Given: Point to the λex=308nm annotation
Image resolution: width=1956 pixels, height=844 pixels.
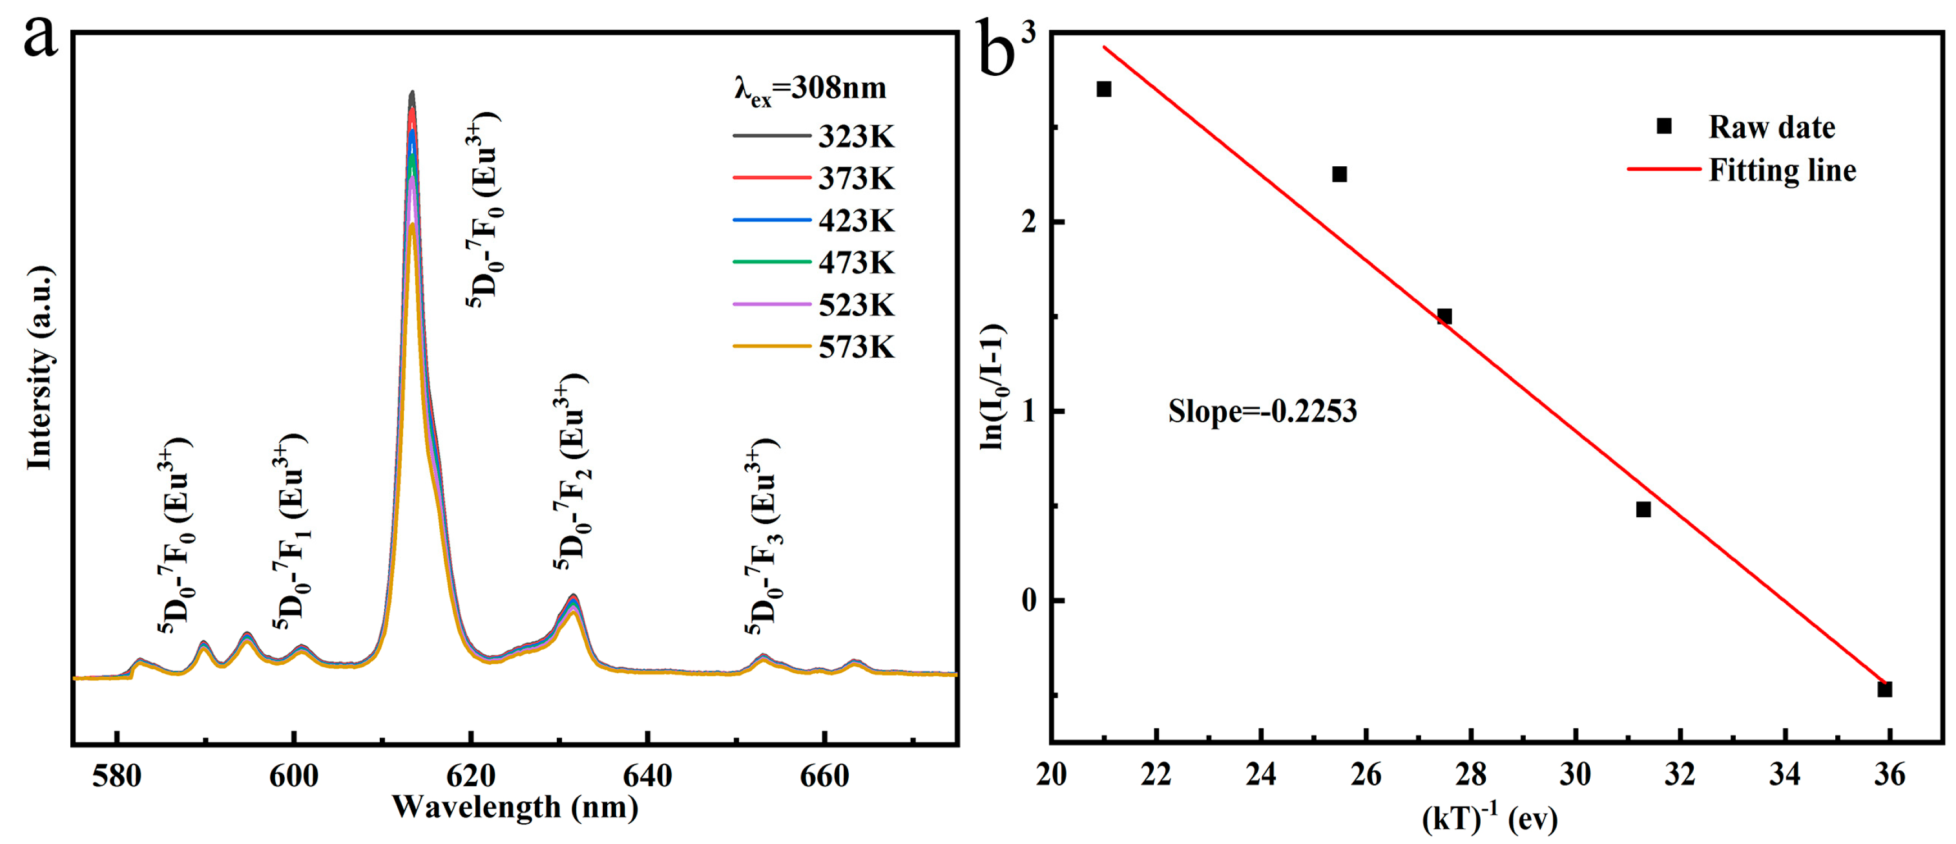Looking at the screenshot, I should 809,89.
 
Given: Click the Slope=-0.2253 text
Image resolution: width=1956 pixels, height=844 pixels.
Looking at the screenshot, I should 1262,412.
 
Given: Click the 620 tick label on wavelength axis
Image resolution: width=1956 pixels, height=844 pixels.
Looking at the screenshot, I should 471,775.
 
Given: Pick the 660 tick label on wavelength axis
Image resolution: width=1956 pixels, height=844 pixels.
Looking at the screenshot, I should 824,775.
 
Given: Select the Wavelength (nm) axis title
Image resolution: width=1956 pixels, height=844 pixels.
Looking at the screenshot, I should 515,807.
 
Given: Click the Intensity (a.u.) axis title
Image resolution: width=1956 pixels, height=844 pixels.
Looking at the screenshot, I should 39,369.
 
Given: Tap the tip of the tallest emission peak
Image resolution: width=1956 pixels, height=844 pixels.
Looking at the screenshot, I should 412,93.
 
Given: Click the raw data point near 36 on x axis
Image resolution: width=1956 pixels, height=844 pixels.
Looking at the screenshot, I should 1884,689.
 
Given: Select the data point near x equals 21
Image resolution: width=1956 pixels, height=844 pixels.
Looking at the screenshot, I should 1104,89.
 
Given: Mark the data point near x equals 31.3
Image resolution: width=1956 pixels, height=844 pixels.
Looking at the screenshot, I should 1643,509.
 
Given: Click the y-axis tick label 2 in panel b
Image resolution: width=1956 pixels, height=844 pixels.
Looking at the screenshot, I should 1029,222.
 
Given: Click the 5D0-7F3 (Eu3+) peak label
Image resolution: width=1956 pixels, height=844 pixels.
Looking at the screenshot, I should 762,536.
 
